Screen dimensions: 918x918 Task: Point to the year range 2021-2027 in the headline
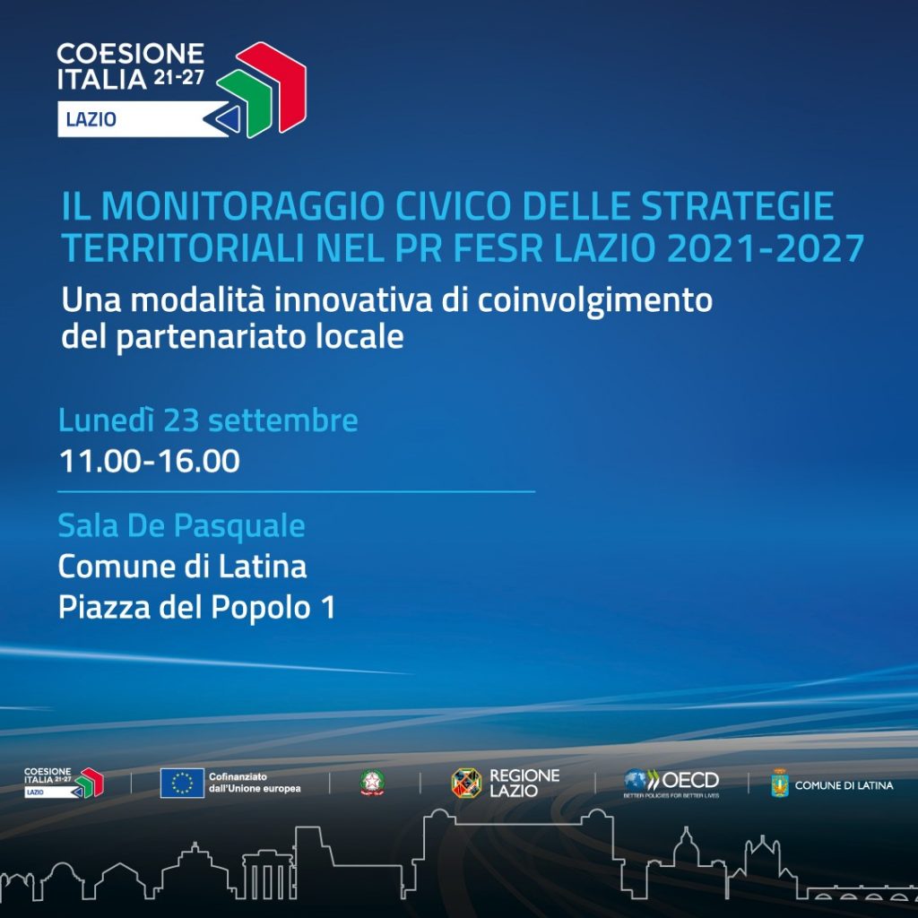click(x=766, y=248)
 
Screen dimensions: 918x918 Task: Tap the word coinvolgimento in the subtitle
click(x=595, y=301)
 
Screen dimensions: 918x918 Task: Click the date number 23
click(x=181, y=420)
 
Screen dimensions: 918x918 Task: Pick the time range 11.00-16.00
click(x=150, y=461)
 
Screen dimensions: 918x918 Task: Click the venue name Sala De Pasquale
click(x=181, y=525)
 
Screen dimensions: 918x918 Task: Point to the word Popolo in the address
click(x=261, y=608)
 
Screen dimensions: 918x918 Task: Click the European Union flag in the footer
click(x=182, y=783)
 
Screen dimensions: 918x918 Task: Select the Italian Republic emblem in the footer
click(x=372, y=783)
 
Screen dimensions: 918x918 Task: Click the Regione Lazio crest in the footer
click(x=466, y=784)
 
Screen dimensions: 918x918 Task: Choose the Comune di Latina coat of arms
click(x=780, y=784)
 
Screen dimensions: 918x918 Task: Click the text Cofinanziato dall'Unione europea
click(x=255, y=783)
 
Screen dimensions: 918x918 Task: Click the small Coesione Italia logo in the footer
click(x=64, y=783)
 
